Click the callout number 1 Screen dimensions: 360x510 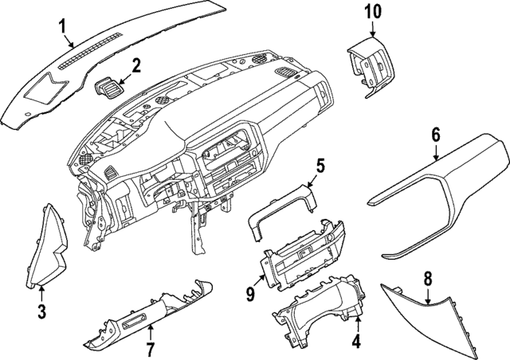pos(63,29)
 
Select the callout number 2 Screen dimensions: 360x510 pos(136,65)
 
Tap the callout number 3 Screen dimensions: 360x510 pos(41,310)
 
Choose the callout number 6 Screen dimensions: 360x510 pos(436,135)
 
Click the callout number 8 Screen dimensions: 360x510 pos(427,278)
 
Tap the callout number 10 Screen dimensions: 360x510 pos(373,12)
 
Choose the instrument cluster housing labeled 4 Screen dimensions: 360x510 pos(319,311)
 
